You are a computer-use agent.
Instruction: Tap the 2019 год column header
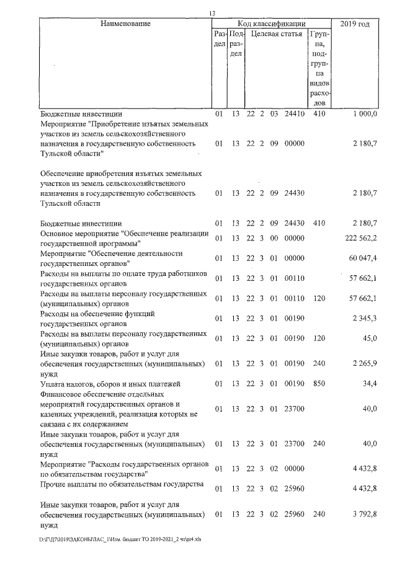click(355, 24)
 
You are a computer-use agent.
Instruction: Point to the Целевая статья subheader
click(276, 33)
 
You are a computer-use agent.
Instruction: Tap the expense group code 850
click(319, 384)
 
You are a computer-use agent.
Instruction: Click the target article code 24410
click(293, 114)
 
